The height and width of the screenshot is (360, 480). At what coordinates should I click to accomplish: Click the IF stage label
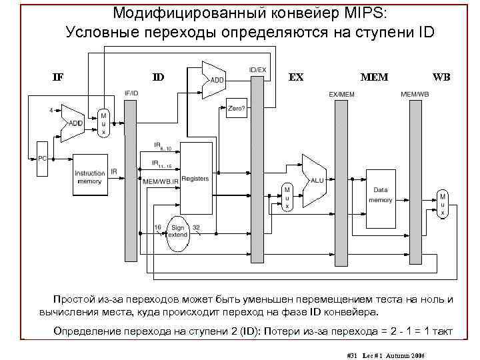58,77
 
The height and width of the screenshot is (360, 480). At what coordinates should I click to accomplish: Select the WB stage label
441,77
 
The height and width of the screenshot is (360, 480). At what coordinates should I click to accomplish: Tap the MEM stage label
373,77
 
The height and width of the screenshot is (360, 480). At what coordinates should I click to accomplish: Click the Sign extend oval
177,232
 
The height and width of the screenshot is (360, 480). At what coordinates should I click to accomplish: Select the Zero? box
236,107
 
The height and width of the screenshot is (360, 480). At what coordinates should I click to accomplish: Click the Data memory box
381,195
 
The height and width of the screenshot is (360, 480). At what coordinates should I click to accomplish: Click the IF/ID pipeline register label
131,93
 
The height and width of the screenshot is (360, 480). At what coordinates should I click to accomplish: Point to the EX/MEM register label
342,95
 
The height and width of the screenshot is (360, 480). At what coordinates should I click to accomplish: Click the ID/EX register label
257,69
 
